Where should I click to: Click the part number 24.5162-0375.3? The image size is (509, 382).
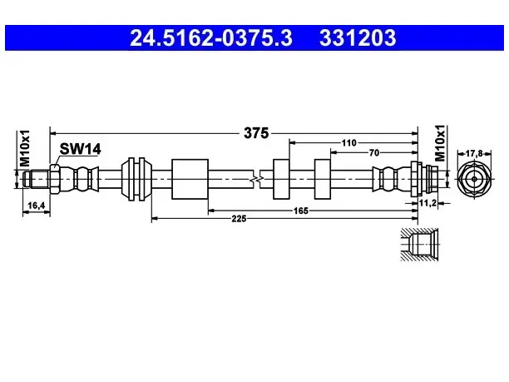211,37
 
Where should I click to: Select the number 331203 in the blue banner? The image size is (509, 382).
358,37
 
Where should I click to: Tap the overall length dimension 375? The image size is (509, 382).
256,133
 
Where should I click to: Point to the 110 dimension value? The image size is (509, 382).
348,142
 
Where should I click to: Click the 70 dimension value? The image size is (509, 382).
374,152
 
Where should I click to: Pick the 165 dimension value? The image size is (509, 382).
300,211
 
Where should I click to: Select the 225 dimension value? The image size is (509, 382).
239,219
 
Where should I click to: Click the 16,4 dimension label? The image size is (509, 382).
36,206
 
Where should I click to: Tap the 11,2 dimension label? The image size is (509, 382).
427,203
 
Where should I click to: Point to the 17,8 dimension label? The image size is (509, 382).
474,153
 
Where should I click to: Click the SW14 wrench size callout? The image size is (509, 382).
80,149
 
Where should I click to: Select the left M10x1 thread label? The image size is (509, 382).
25,148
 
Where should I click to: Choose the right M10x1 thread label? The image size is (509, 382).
440,143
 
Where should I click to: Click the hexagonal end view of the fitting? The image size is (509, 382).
474,179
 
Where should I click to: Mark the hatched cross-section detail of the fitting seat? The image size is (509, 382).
419,245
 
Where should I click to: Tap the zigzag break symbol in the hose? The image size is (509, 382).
257,179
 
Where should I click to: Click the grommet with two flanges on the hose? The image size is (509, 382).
136,179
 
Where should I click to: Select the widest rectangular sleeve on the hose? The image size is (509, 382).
190,179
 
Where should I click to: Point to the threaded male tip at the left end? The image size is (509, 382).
37,179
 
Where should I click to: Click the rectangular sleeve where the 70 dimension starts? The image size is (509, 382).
323,179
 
